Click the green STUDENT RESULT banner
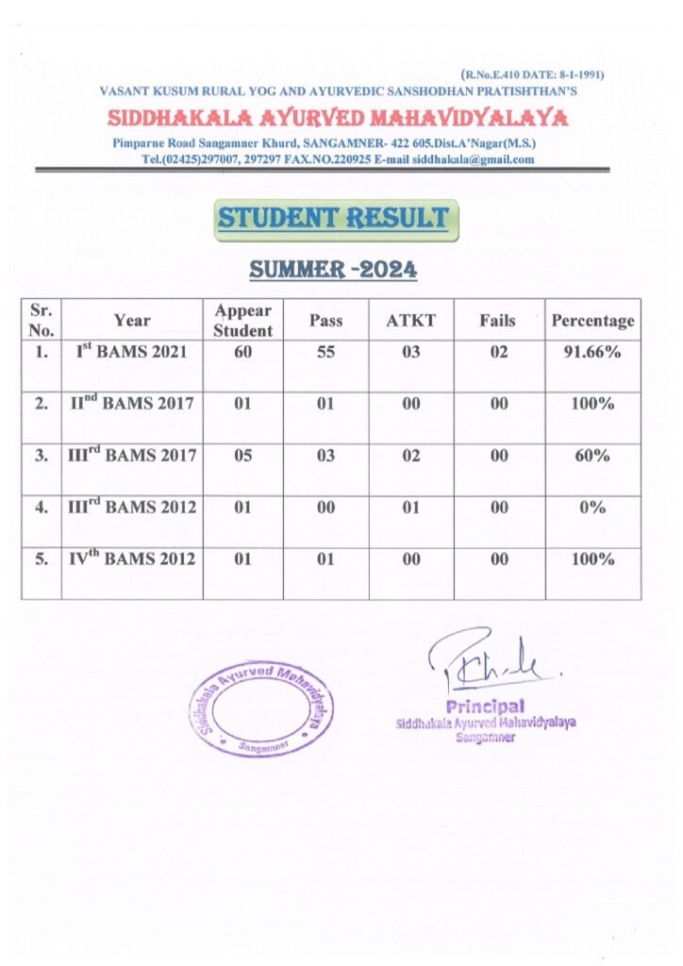point(333,219)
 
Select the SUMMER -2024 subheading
point(333,271)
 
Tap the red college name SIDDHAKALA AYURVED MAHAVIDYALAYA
point(337,119)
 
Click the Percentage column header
point(592,321)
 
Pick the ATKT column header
point(410,321)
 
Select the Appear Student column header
point(242,321)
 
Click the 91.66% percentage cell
point(592,353)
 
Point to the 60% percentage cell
point(592,456)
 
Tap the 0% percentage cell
point(592,508)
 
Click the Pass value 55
point(325,353)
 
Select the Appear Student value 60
point(242,353)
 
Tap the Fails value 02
point(498,353)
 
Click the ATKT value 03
point(410,353)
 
